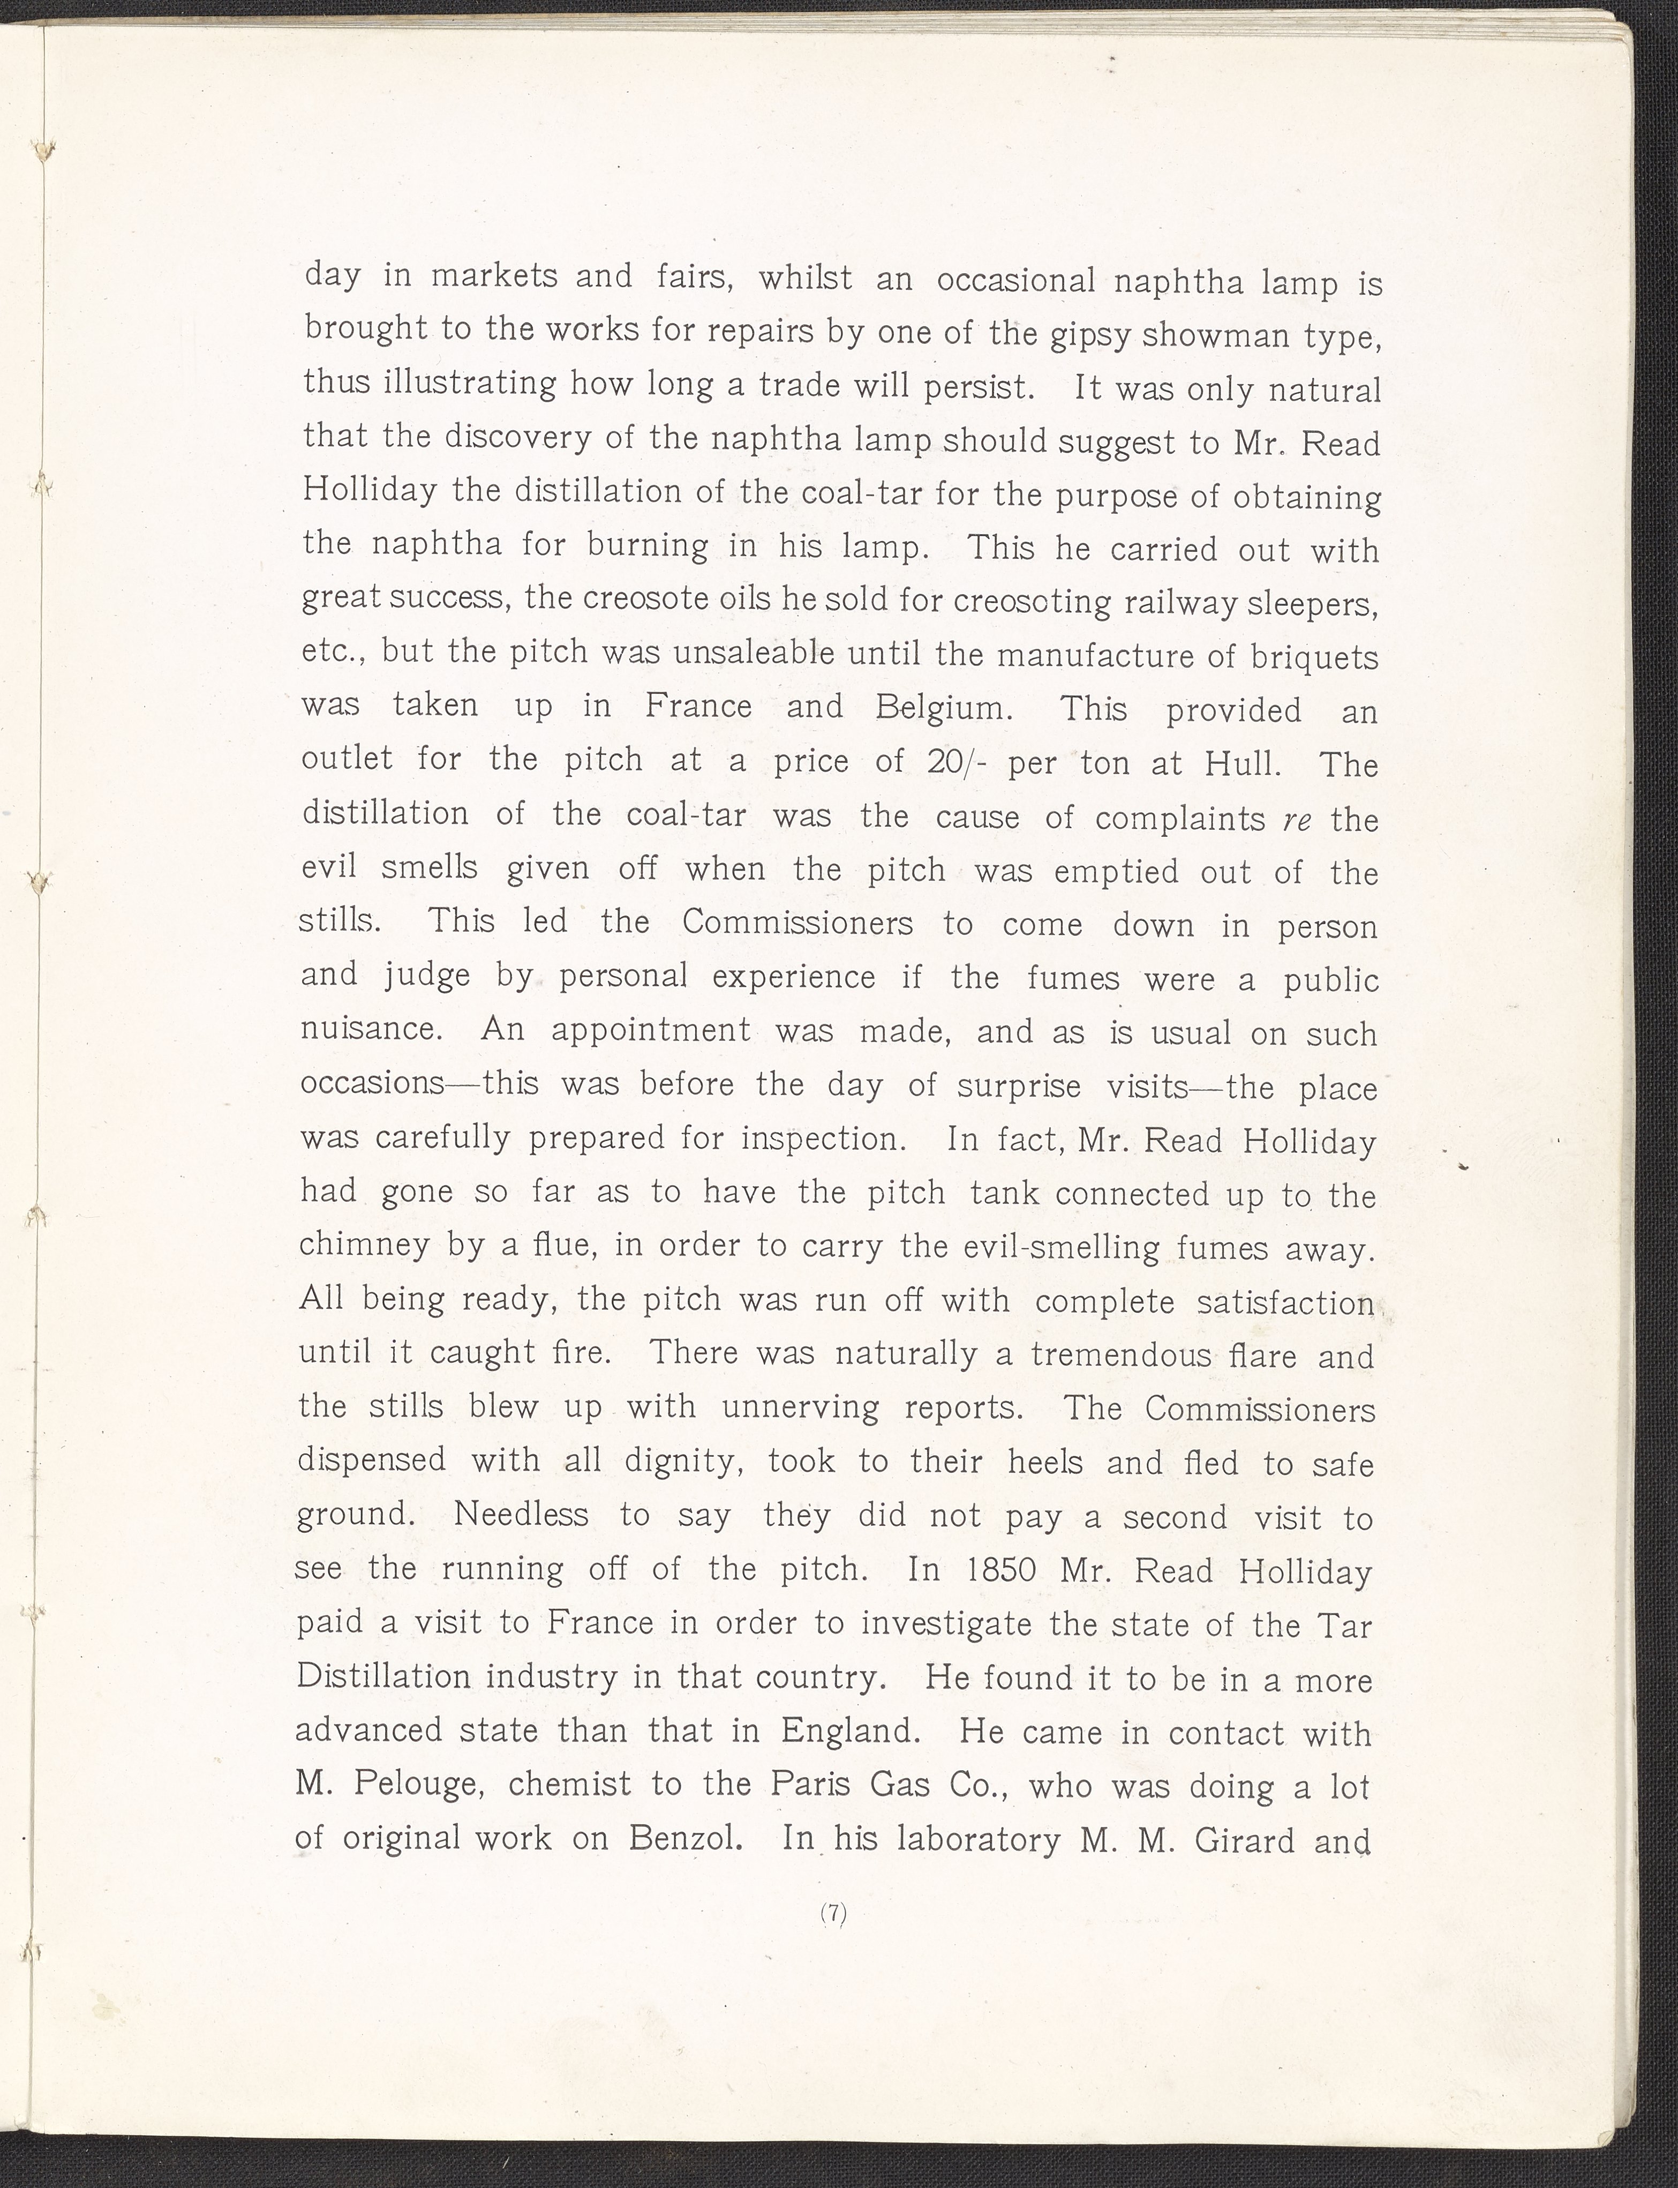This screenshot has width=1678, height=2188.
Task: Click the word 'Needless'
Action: pyautogui.click(x=521, y=1515)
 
